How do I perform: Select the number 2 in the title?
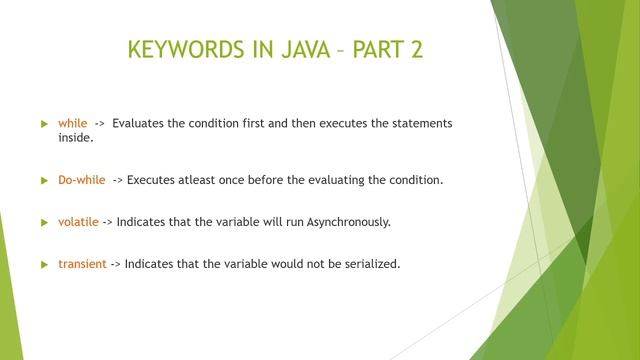(416, 50)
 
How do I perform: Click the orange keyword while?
(73, 123)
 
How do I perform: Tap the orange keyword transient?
(82, 264)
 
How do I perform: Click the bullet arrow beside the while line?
(44, 123)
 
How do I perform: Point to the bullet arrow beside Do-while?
(44, 180)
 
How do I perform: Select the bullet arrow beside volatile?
(44, 222)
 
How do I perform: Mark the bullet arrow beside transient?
(44, 264)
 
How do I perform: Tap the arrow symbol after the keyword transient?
(115, 264)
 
